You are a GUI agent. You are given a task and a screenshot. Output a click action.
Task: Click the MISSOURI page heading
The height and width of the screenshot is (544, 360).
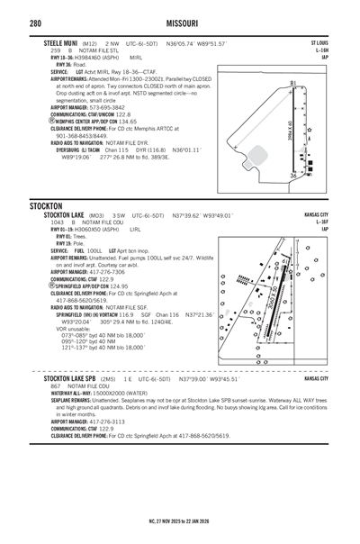[180, 22]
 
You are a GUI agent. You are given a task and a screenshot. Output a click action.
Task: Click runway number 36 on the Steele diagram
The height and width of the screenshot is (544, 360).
[292, 177]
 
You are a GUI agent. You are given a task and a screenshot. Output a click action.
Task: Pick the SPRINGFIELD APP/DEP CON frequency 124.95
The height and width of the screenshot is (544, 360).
[127, 286]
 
